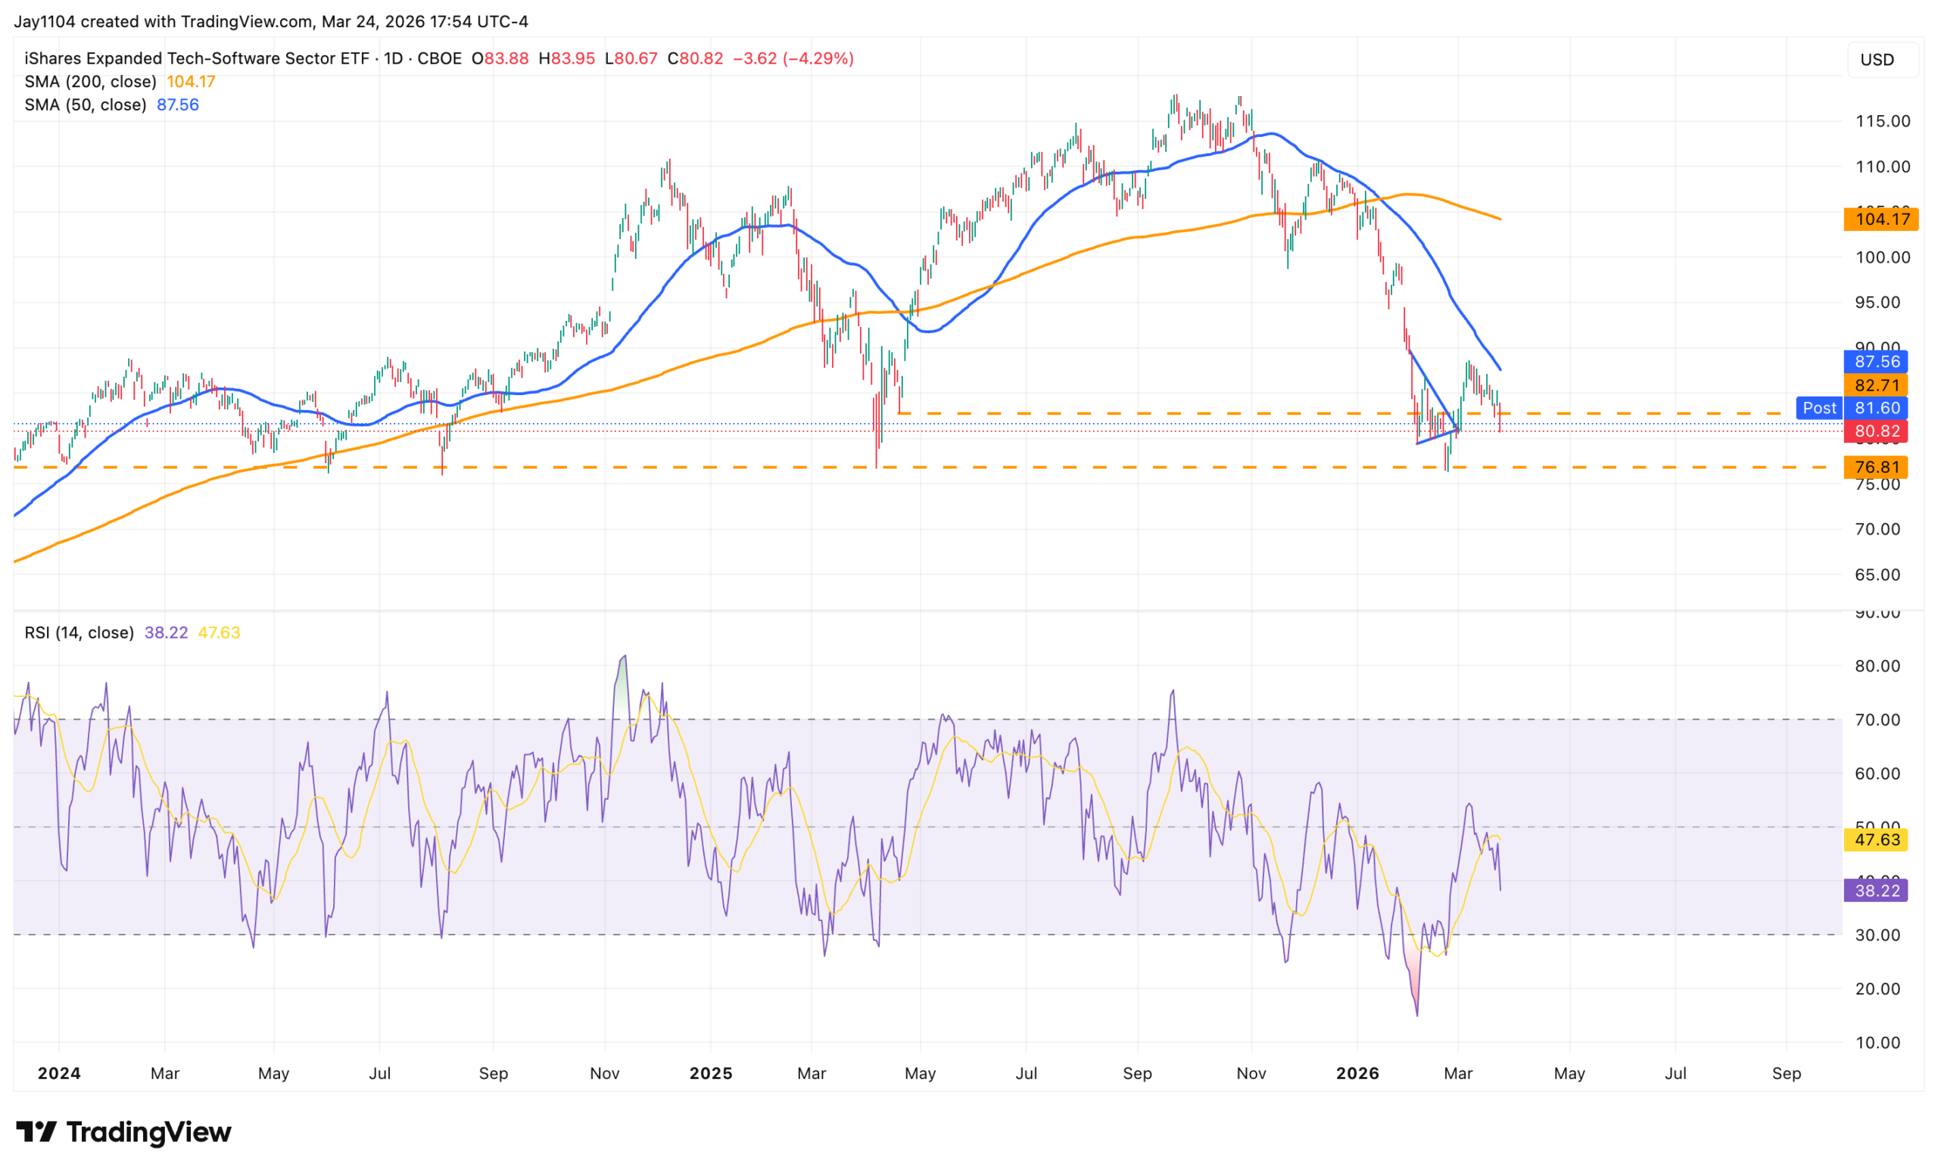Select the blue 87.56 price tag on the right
(x=1876, y=362)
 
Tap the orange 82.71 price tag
(x=1876, y=385)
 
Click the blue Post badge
(x=1818, y=408)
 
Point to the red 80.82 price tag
(x=1876, y=431)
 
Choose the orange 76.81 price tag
(x=1876, y=467)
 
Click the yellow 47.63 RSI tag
(x=1876, y=840)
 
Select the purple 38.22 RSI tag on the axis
(x=1876, y=891)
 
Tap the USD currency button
(x=1877, y=60)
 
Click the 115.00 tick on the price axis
(x=1882, y=121)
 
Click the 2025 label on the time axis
(x=710, y=1073)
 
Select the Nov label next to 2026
(x=1251, y=1073)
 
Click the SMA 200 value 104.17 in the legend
(x=190, y=82)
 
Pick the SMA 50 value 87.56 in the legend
(x=178, y=104)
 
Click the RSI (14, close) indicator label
(x=79, y=633)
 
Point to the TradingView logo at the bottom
(x=123, y=1132)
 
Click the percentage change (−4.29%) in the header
(x=818, y=59)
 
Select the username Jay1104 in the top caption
(x=44, y=21)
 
